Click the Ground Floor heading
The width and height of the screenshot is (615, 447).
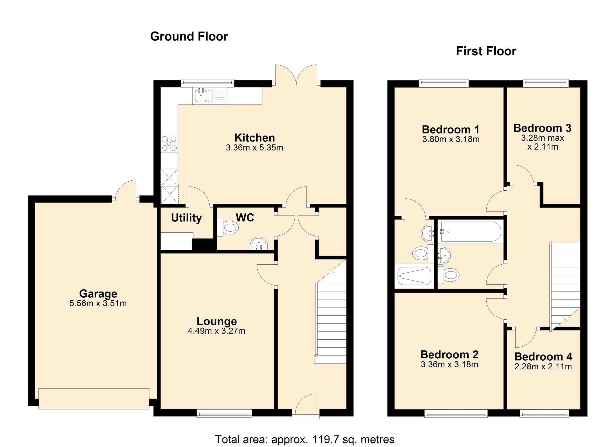coord(189,36)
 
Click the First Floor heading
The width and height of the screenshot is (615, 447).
coord(486,51)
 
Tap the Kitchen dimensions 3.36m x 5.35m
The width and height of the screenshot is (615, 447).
coord(254,148)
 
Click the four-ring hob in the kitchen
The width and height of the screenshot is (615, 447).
coord(169,144)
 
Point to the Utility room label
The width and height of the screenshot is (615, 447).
coord(186,218)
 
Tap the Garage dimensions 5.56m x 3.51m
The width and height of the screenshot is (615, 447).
coord(98,303)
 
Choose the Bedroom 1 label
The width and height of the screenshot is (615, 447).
coord(451,130)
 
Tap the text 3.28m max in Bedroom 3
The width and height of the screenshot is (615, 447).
coord(542,138)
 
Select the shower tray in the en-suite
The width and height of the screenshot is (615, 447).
coord(414,276)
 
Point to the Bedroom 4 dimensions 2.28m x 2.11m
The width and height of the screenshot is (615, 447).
coord(543,367)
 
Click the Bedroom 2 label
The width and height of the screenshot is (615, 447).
coord(449,355)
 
